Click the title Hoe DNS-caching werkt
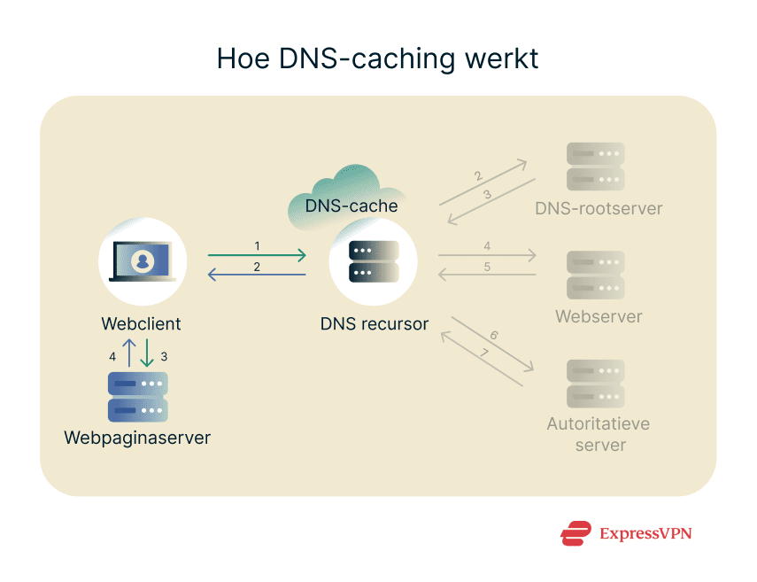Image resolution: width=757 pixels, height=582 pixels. pyautogui.click(x=378, y=58)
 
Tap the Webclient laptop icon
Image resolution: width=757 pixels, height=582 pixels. pyautogui.click(x=142, y=260)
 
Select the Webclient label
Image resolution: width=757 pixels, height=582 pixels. pyautogui.click(x=142, y=323)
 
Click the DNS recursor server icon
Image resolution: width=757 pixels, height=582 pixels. pyautogui.click(x=374, y=261)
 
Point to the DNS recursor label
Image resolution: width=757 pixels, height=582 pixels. pyautogui.click(x=374, y=324)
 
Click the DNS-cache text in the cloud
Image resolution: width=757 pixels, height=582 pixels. pyautogui.click(x=351, y=206)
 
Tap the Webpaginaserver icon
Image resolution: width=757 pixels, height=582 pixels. pyautogui.click(x=138, y=397)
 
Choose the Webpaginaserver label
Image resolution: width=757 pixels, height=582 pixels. pyautogui.click(x=137, y=438)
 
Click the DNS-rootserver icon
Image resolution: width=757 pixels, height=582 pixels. pyautogui.click(x=595, y=167)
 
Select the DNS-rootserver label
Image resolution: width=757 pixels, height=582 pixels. pyautogui.click(x=599, y=209)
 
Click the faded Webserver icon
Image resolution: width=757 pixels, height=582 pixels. pyautogui.click(x=595, y=275)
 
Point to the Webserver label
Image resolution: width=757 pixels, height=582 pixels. pyautogui.click(x=599, y=316)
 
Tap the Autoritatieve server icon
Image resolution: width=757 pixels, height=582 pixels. pyautogui.click(x=595, y=383)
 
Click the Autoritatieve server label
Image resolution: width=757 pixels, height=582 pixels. pyautogui.click(x=599, y=434)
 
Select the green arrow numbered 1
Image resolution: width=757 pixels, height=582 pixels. pyautogui.click(x=257, y=256)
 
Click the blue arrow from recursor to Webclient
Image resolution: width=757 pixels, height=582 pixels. pyautogui.click(x=257, y=275)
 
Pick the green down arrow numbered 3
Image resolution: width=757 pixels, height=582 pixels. pyautogui.click(x=146, y=353)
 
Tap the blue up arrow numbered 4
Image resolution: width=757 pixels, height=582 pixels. pyautogui.click(x=129, y=353)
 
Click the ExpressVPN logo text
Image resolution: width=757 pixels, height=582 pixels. pyautogui.click(x=645, y=533)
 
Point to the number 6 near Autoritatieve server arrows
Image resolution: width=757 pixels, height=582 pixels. pyautogui.click(x=494, y=336)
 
